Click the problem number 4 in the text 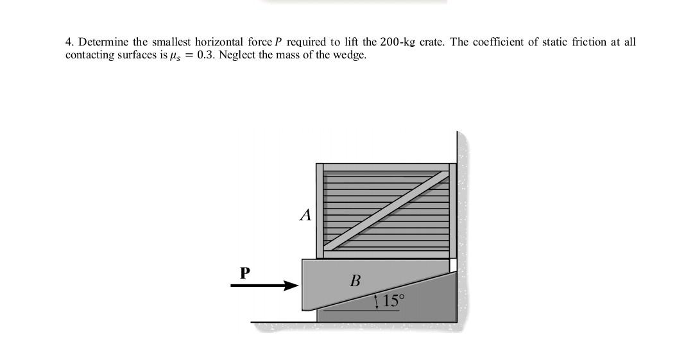coord(68,42)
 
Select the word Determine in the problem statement coord(103,42)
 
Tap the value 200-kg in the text coord(398,42)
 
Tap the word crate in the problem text coord(432,42)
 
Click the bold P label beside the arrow coord(244,273)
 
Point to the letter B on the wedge coord(355,281)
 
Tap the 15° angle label coord(393,300)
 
